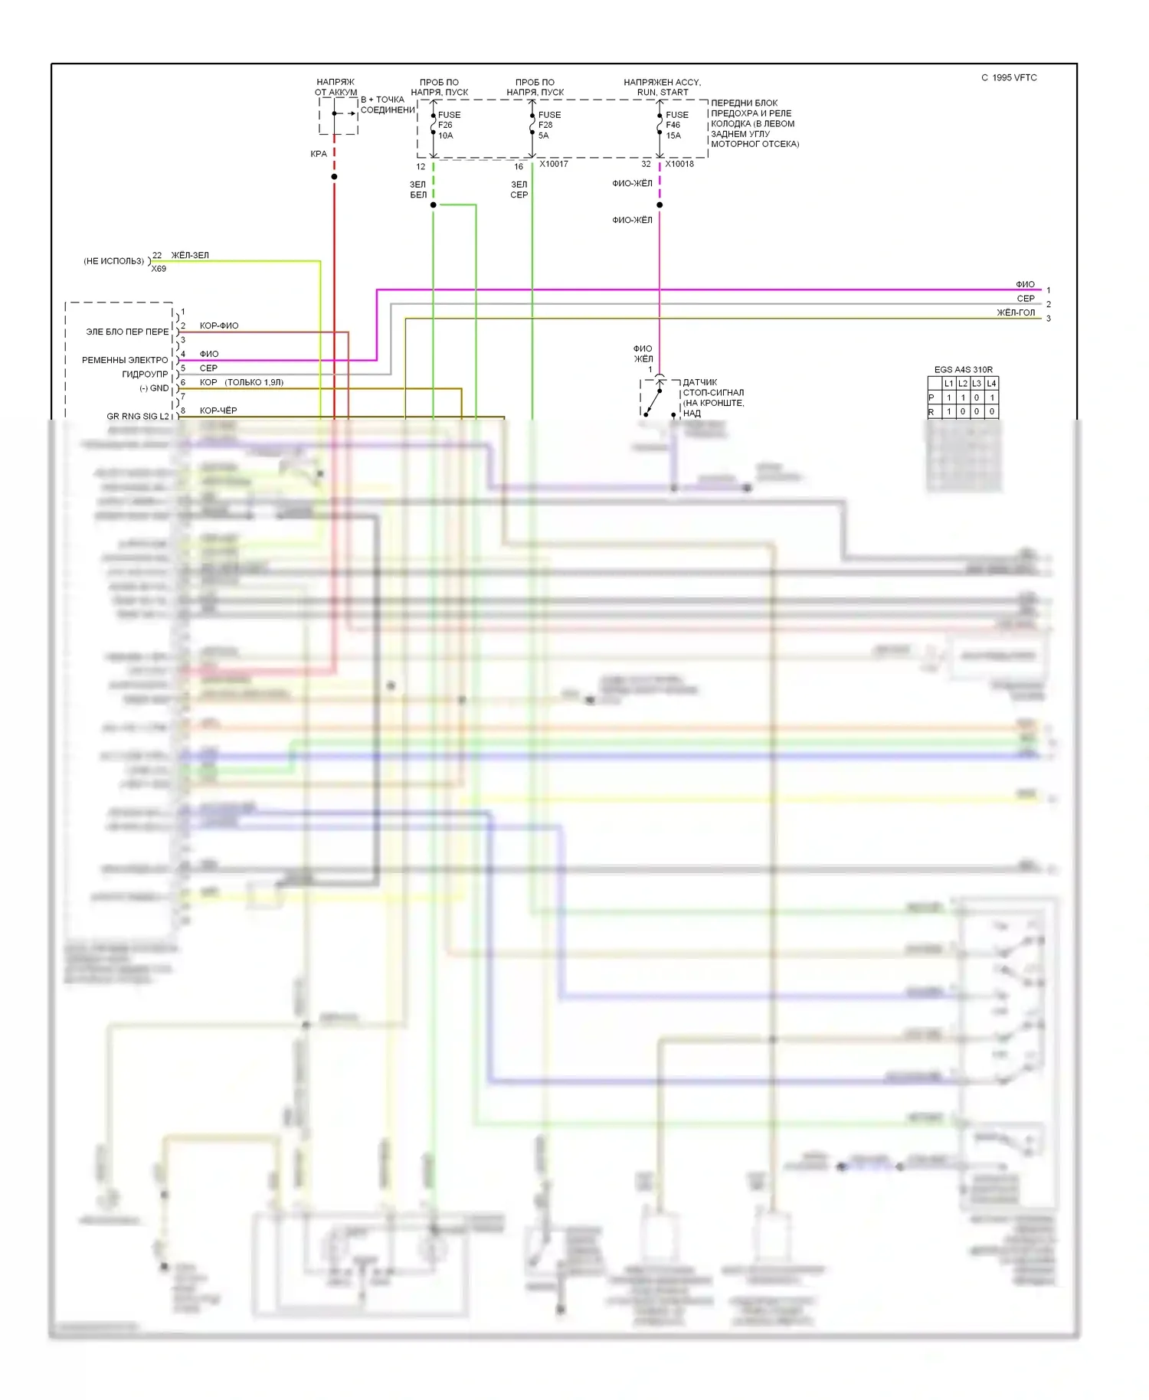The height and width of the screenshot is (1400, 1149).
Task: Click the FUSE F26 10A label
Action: pyautogui.click(x=448, y=125)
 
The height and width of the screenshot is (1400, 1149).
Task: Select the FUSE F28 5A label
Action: pyautogui.click(x=548, y=125)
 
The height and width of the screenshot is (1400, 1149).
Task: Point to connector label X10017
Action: pyautogui.click(x=553, y=164)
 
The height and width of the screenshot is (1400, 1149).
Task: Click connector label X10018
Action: pyautogui.click(x=679, y=164)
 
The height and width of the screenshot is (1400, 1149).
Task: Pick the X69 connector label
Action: pyautogui.click(x=159, y=269)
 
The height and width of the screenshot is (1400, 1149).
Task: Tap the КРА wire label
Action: pyautogui.click(x=319, y=154)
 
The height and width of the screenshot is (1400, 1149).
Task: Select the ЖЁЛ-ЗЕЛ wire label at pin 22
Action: pyautogui.click(x=190, y=255)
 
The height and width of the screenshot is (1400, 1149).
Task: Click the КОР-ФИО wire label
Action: pyautogui.click(x=219, y=325)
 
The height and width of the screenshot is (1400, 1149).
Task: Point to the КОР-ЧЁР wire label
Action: pyautogui.click(x=218, y=411)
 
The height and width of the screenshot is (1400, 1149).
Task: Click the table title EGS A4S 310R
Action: pyautogui.click(x=963, y=369)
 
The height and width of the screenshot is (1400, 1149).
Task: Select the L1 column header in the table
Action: pyautogui.click(x=948, y=383)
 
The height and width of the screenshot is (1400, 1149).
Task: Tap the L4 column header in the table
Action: pyautogui.click(x=991, y=383)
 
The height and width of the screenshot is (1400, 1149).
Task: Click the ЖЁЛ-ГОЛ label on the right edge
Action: pyautogui.click(x=1016, y=312)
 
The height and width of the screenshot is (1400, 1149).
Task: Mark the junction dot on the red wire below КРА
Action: pyautogui.click(x=334, y=177)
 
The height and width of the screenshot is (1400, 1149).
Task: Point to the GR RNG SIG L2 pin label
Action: pyautogui.click(x=138, y=417)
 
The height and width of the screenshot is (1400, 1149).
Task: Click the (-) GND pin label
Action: pyautogui.click(x=154, y=388)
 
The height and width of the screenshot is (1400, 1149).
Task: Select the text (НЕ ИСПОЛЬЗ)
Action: pyautogui.click(x=113, y=261)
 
